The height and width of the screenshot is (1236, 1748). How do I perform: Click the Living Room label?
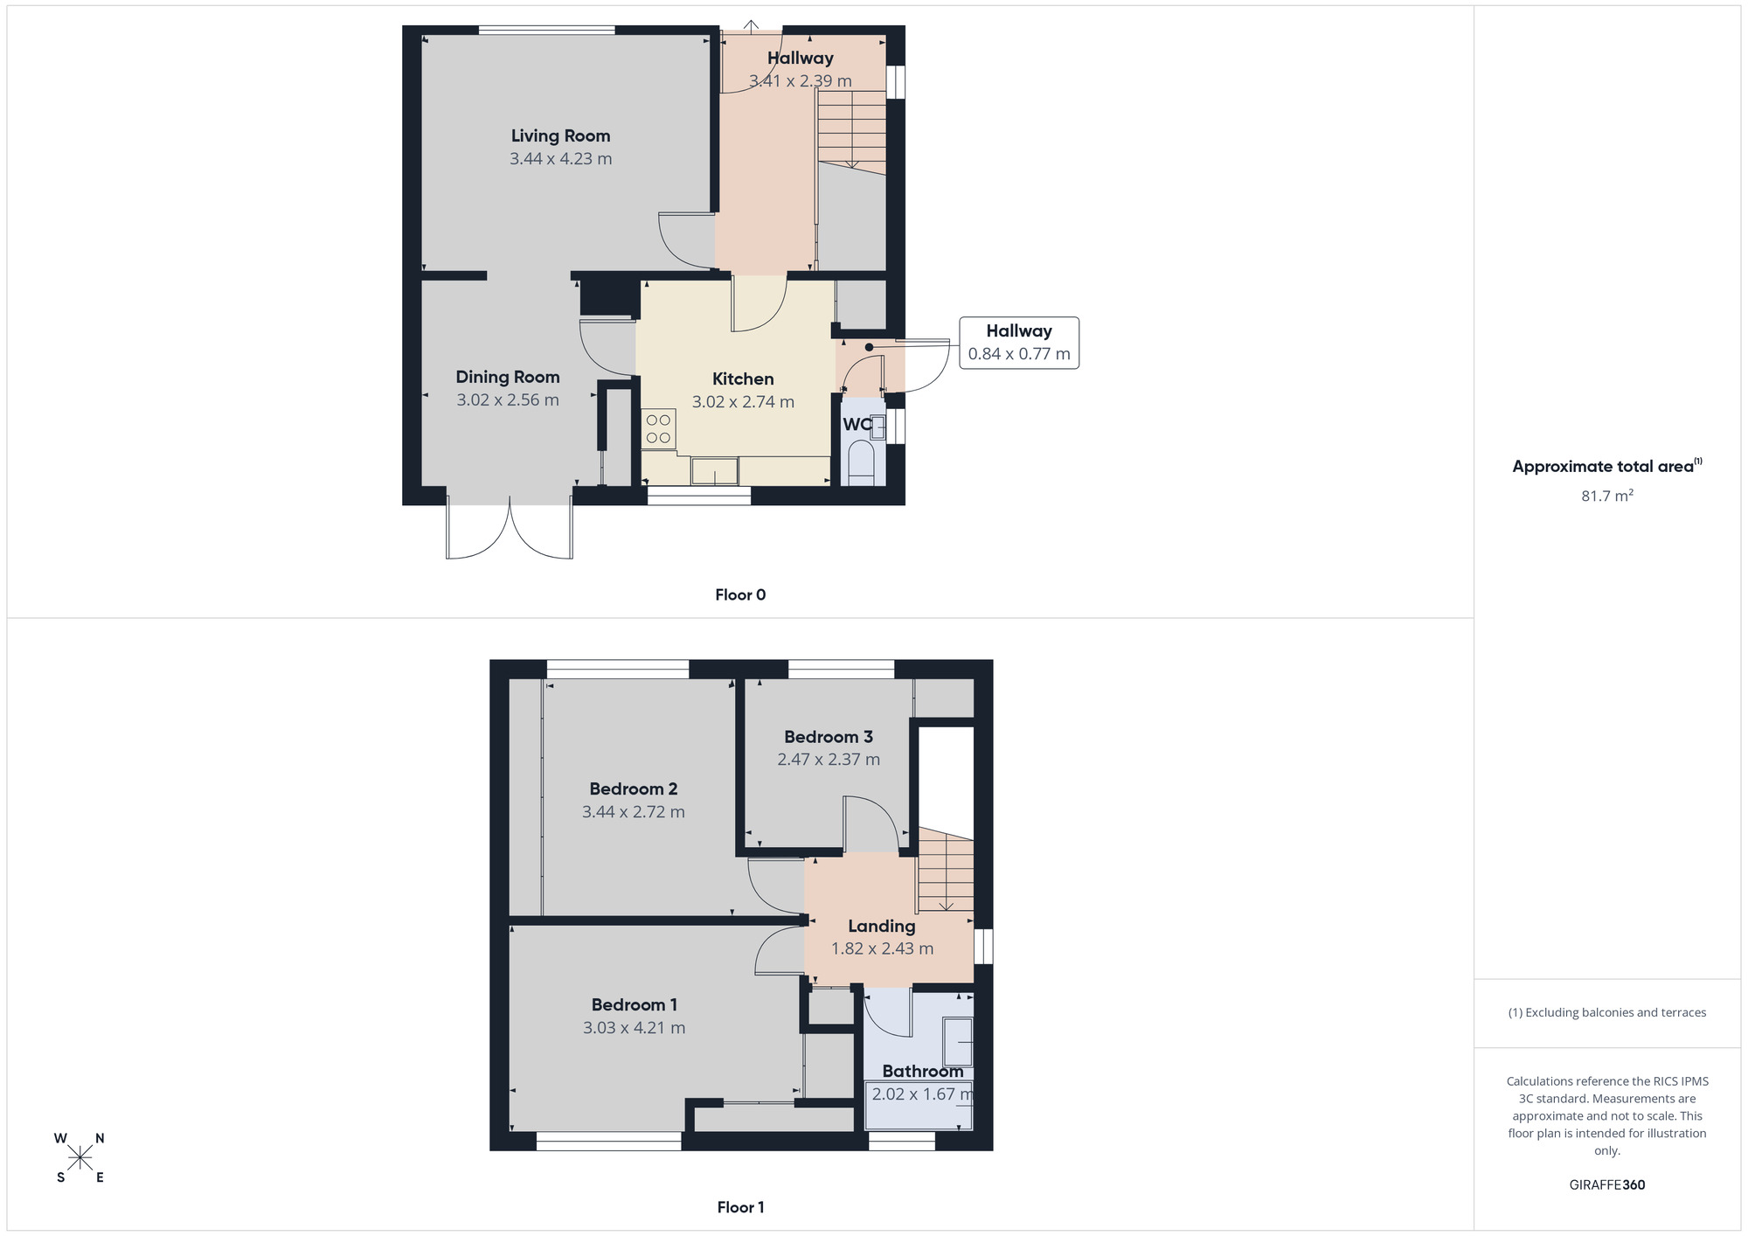(560, 135)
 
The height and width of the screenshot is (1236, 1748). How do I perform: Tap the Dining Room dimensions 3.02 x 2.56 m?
(507, 400)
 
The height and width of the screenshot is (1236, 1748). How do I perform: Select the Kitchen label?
(743, 378)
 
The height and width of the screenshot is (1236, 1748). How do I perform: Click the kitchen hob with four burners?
(658, 429)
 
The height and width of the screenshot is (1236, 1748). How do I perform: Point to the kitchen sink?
(714, 472)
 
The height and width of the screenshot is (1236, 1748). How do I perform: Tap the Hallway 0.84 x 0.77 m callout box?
(1018, 343)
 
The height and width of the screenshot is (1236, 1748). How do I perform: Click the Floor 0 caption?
(740, 595)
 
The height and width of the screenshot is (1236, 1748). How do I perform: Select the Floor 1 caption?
(740, 1207)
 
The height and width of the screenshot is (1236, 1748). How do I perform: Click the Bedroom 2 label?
(633, 788)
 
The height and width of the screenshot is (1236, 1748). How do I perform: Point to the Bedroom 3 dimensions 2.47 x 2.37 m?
(829, 760)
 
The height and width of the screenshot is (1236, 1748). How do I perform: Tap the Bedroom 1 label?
(634, 1005)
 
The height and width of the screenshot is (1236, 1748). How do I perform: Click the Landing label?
(881, 927)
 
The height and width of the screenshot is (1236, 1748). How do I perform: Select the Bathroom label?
(922, 1072)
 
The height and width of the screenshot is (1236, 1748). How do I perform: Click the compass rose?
(80, 1158)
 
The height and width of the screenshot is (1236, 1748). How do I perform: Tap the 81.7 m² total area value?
(1606, 496)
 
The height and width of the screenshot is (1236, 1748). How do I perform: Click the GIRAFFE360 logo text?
(1606, 1185)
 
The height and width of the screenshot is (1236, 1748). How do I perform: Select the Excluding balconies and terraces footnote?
(1606, 1012)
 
